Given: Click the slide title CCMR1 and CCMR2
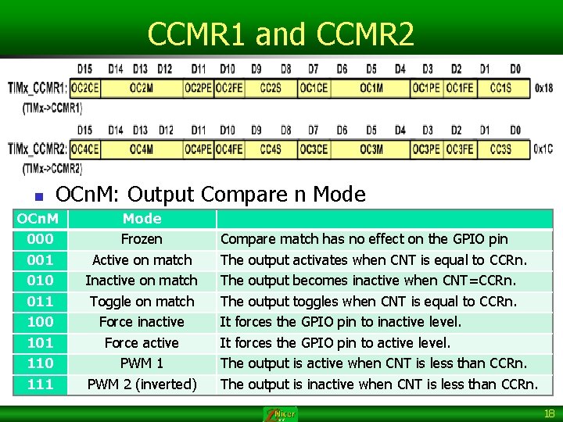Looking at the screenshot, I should [x=281, y=34].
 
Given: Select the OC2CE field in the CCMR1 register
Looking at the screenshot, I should [x=84, y=88].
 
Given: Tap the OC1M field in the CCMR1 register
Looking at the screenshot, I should [x=371, y=88].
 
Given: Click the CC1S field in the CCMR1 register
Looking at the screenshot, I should [x=500, y=88].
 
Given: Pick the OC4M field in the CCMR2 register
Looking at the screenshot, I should [x=142, y=148].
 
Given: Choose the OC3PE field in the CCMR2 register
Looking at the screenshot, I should [x=427, y=148].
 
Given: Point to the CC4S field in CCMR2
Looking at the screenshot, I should [x=271, y=148].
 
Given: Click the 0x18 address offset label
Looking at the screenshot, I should [x=543, y=88].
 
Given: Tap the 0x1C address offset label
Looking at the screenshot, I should [x=543, y=148].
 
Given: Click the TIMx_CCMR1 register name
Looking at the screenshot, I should [x=37, y=88].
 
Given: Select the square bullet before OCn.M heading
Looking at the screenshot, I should [x=37, y=195].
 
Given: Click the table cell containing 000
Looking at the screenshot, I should [x=40, y=239].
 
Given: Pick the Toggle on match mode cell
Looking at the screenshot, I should [x=142, y=301].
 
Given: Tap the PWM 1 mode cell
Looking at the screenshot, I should [x=142, y=363].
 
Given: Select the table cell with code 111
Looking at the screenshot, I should [x=40, y=384].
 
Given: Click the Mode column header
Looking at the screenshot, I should [x=142, y=219].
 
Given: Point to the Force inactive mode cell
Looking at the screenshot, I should [x=142, y=321].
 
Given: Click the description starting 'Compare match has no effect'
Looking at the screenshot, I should [x=364, y=239].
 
